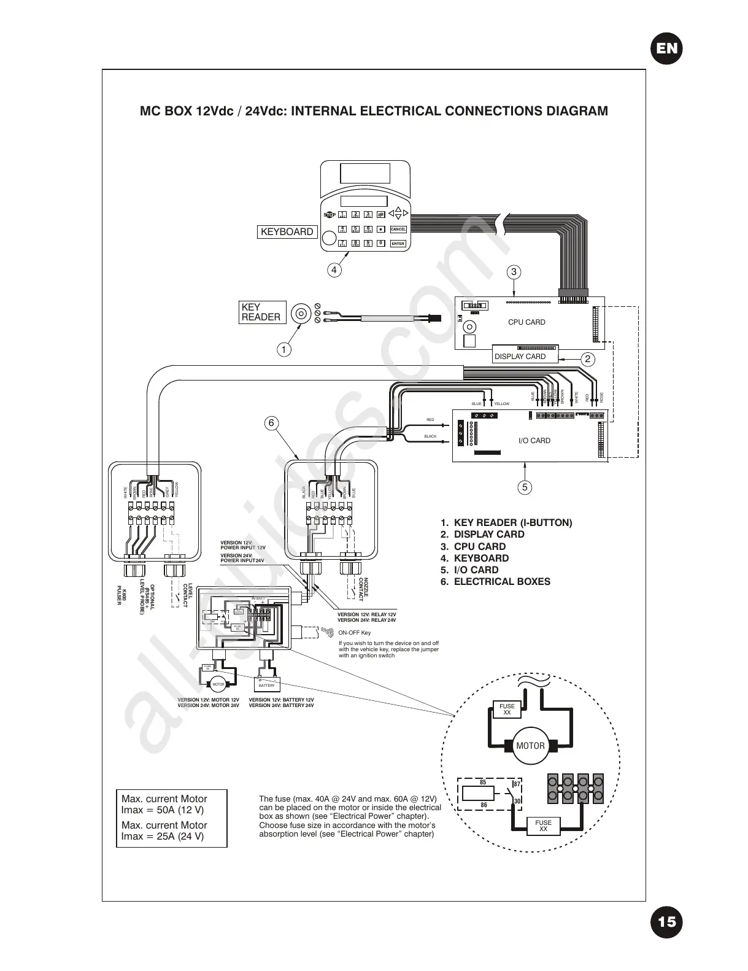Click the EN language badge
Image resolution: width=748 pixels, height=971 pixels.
click(667, 48)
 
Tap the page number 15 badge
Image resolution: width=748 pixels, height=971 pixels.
click(667, 921)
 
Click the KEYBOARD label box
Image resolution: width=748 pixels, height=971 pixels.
click(287, 232)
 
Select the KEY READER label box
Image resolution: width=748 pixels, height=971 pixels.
click(262, 312)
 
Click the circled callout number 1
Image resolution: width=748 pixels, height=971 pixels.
click(283, 350)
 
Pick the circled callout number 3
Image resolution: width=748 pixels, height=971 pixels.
click(514, 272)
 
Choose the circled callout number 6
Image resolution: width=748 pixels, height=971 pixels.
click(271, 423)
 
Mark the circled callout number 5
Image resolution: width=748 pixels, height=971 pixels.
click(524, 487)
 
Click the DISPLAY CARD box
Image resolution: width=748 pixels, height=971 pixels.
click(520, 357)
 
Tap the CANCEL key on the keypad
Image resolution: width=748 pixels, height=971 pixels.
click(398, 230)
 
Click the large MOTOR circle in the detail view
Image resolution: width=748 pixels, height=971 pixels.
click(530, 746)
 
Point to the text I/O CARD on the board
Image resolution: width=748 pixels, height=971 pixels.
click(534, 441)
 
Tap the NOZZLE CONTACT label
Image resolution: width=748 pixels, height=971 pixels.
click(364, 588)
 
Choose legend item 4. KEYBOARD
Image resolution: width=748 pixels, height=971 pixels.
click(474, 559)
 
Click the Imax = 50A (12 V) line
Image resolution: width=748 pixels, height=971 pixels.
click(163, 810)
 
